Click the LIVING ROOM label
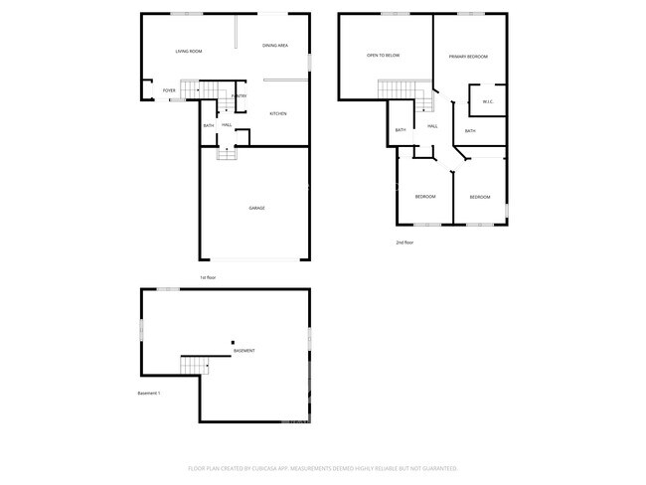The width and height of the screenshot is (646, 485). point(189,51)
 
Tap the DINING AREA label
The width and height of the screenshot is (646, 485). point(275,46)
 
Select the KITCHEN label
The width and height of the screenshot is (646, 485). point(278,114)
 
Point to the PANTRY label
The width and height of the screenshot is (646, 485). point(240,96)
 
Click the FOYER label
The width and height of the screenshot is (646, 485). point(169,91)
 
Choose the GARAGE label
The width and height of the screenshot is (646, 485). point(256,208)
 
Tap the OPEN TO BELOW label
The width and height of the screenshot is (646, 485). point(383,56)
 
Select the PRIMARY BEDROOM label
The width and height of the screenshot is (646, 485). point(467,57)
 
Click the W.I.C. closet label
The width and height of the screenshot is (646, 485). point(488,101)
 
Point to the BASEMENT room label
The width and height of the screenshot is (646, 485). point(243,351)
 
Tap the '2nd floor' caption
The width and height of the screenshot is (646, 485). point(404,242)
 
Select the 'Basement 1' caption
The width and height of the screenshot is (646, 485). point(149,393)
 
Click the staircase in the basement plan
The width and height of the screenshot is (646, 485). point(191,366)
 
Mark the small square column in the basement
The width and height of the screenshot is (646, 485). point(233,343)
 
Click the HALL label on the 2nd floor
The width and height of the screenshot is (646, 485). point(432,126)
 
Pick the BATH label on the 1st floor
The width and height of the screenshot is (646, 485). point(209,125)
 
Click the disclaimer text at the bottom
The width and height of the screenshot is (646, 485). point(322,467)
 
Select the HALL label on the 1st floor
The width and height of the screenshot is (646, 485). point(228,125)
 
